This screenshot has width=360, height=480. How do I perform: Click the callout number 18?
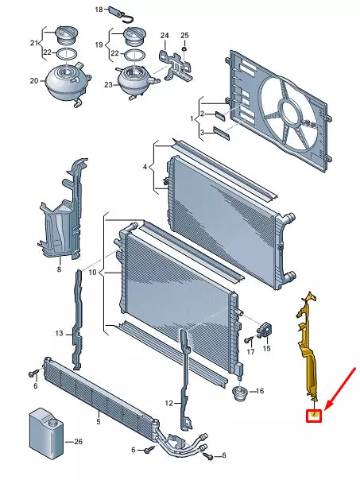pyautogui.click(x=99, y=10)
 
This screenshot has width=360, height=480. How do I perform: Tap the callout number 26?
pyautogui.click(x=79, y=441)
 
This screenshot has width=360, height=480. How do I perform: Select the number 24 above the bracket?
pyautogui.click(x=165, y=36)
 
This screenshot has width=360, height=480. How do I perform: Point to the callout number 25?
pyautogui.click(x=184, y=36)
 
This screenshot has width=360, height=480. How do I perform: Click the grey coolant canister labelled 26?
pyautogui.click(x=46, y=433)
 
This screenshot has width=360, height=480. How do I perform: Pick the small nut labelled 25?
pyautogui.click(x=184, y=48)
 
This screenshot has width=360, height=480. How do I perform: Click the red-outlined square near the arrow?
pyautogui.click(x=314, y=416)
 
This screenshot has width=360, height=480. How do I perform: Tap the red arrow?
pyautogui.click(x=340, y=389)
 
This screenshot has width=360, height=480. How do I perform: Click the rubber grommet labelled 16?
pyautogui.click(x=240, y=392)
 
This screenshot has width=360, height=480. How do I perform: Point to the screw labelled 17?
pyautogui.click(x=248, y=340)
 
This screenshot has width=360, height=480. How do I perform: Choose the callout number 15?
pyautogui.click(x=267, y=348)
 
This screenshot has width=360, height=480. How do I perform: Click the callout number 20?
pyautogui.click(x=34, y=81)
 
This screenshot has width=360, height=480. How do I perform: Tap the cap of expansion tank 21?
pyautogui.click(x=66, y=35)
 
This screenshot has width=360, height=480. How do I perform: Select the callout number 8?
pyautogui.click(x=59, y=269)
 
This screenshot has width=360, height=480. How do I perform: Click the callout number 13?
pyautogui.click(x=59, y=333)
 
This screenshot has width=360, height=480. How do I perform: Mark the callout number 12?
pyautogui.click(x=169, y=404)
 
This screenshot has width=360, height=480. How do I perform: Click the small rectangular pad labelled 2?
pyautogui.click(x=220, y=115)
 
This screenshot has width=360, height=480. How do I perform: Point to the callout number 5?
pyautogui.click(x=99, y=422)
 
